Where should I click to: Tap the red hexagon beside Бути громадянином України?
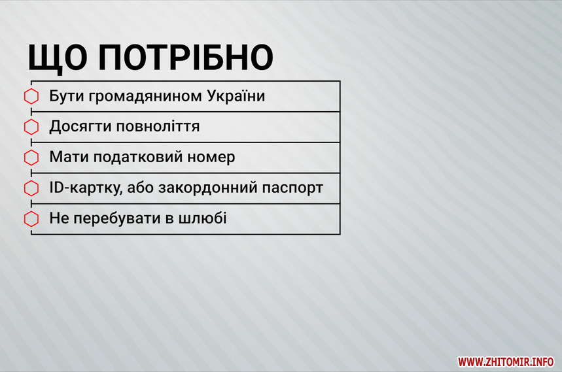tap(31, 96)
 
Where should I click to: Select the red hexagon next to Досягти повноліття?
tap(31, 127)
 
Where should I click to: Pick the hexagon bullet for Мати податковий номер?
tap(31, 158)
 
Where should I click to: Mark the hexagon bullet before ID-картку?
tap(31, 188)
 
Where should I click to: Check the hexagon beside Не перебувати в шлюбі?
tap(31, 219)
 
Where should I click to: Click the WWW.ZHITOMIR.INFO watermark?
tap(506, 362)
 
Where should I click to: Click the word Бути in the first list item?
tap(66, 96)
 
